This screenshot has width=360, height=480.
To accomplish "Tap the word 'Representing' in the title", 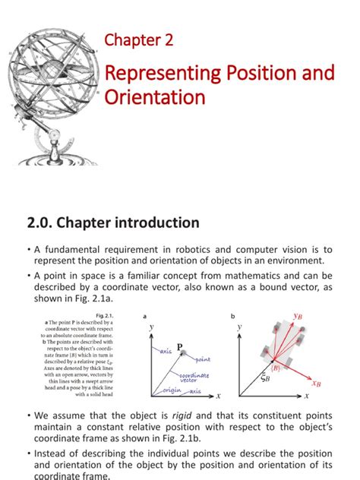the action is point(161,74).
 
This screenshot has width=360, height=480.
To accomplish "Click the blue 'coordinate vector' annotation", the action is point(194,378).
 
